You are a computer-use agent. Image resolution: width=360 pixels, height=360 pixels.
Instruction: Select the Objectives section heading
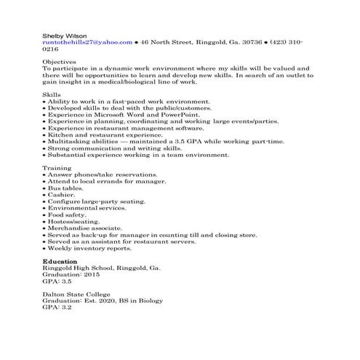(x=60, y=63)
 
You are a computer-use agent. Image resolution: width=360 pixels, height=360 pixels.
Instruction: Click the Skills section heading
(x=52, y=95)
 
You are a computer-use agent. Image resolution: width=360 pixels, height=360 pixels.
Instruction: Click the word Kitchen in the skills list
(x=60, y=135)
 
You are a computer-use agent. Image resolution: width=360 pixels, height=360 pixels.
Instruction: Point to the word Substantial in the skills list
(x=68, y=154)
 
